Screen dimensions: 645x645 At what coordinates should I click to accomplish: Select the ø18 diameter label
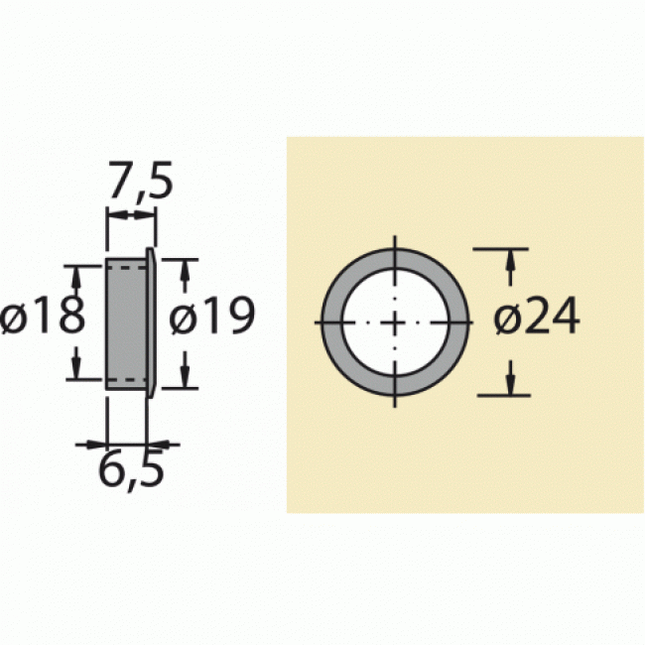pos(43,320)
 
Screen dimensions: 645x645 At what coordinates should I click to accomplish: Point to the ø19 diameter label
pos(212,320)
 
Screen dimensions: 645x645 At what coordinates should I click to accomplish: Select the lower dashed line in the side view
pos(126,379)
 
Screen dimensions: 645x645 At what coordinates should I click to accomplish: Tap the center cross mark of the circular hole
pos(395,322)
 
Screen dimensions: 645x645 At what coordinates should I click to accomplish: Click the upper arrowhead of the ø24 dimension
pos(510,260)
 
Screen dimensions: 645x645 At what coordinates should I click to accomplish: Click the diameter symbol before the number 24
pos(505,320)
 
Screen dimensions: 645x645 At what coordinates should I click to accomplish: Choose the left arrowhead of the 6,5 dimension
pos(97,444)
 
